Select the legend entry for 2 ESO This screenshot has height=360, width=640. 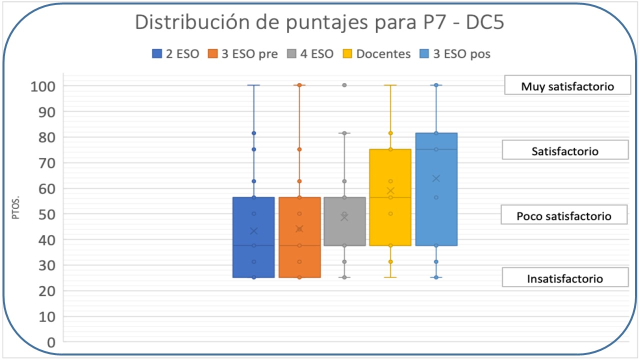(175, 54)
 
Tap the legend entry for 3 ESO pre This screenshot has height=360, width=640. (243, 54)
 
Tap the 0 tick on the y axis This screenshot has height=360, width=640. (51, 342)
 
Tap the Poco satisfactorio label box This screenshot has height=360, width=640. (564, 216)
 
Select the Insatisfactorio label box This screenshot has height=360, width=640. (564, 278)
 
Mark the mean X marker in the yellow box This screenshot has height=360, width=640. (390, 191)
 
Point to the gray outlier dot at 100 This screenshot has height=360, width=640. (344, 85)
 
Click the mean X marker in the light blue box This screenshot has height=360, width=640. (436, 178)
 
